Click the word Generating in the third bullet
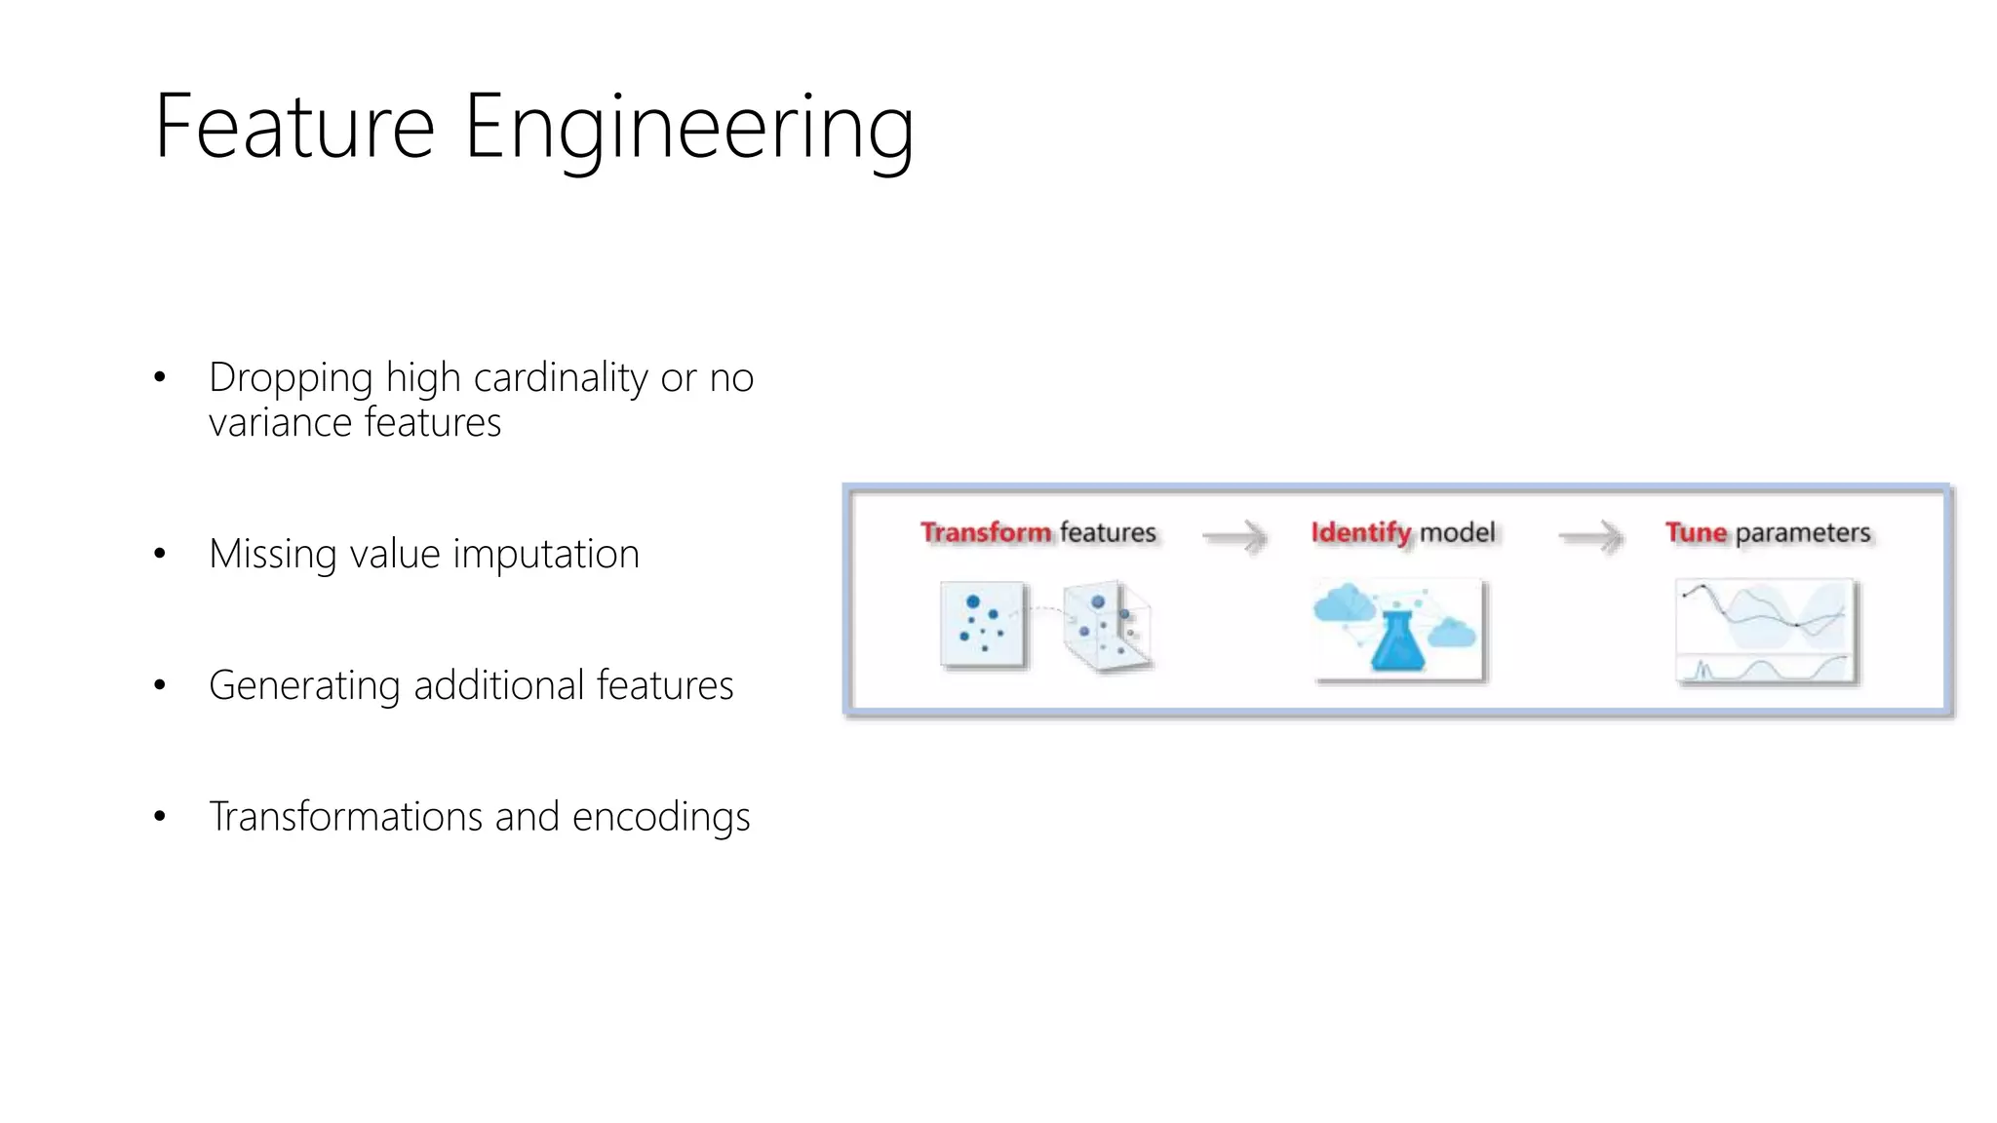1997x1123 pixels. (x=304, y=686)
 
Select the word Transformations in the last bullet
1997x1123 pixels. (x=345, y=817)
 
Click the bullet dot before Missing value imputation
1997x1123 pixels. (x=160, y=555)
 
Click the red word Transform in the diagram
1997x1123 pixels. (x=986, y=533)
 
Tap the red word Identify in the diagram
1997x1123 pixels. (x=1360, y=533)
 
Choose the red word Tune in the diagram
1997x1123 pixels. (x=1696, y=533)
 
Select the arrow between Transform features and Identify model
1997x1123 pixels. (x=1234, y=536)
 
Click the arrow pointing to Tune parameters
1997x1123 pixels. (x=1590, y=536)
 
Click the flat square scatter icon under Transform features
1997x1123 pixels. (x=983, y=625)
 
